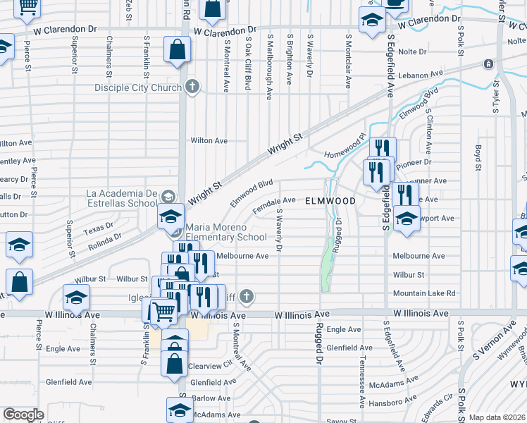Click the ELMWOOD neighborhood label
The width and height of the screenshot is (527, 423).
tap(330, 201)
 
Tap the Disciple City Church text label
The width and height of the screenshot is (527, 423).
tap(139, 88)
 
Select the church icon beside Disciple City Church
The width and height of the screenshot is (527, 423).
tap(191, 87)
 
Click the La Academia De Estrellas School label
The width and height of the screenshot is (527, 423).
tap(121, 197)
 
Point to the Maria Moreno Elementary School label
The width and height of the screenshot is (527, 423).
tap(225, 233)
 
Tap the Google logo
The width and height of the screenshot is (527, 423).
tap(23, 415)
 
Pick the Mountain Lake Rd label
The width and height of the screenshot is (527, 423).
tap(424, 293)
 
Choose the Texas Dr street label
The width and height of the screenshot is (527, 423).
tap(99, 228)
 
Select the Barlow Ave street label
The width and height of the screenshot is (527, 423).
tap(207, 398)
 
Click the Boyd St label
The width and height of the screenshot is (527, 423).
tap(478, 159)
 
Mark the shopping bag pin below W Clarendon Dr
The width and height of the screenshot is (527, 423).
tap(177, 51)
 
